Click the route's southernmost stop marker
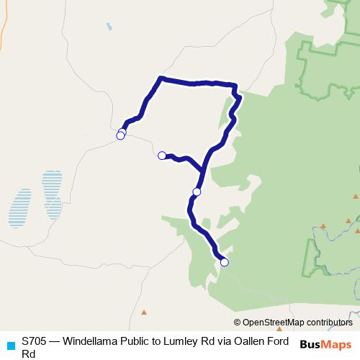point(224,262)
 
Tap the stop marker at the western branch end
point(162,155)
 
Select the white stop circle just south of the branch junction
point(197,192)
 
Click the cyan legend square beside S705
point(11,345)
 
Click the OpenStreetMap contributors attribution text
point(297,323)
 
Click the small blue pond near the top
point(109,27)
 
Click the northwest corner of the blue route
point(161,77)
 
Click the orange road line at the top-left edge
point(3,29)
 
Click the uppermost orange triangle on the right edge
point(356,197)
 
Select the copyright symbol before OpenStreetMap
point(238,323)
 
